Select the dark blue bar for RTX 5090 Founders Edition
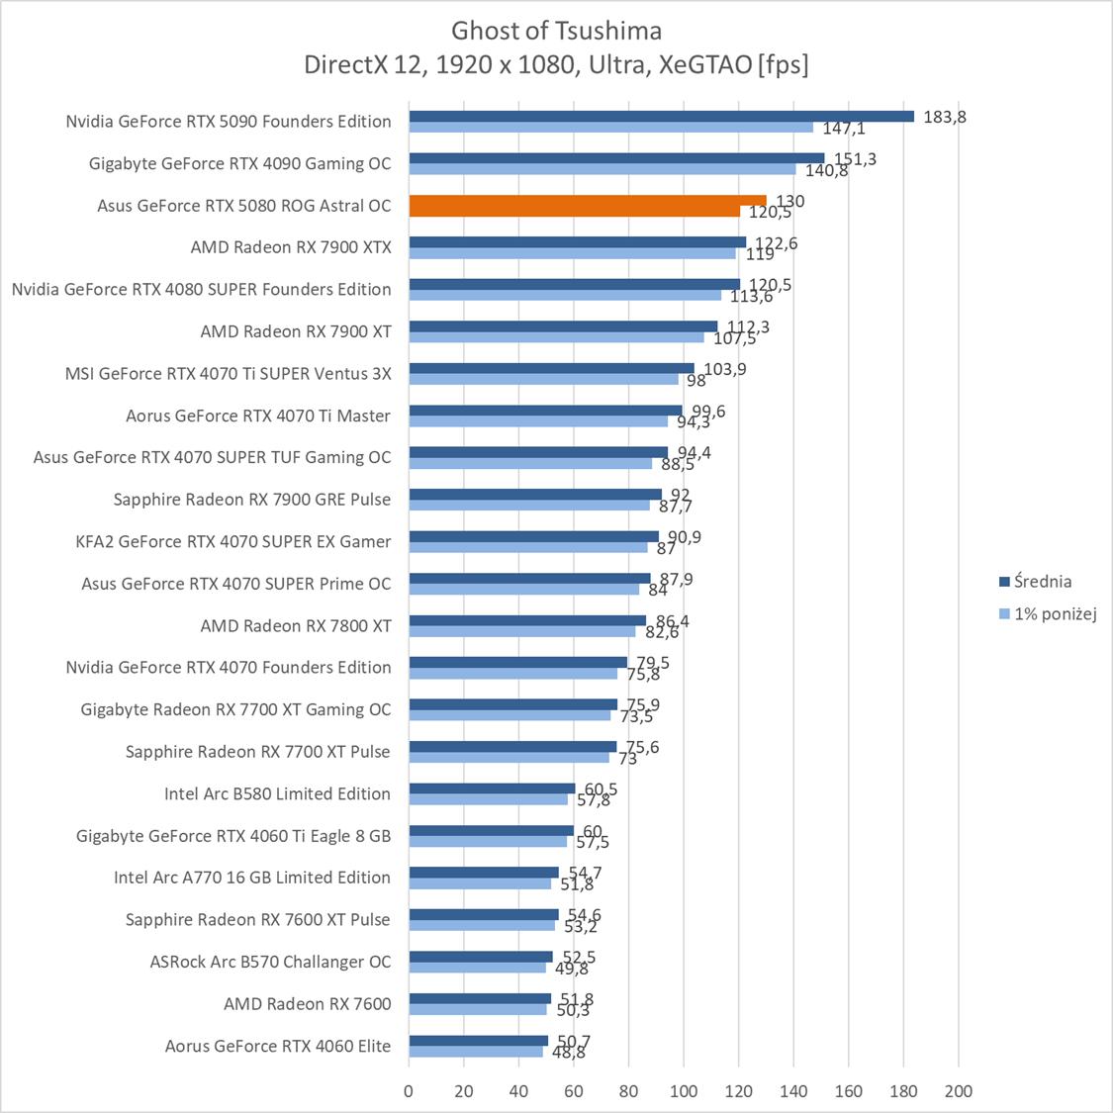661,116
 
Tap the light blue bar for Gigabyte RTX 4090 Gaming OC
602,169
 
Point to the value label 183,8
944,116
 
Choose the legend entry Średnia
1042,582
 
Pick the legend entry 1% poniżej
1055,613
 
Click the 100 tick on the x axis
683,1091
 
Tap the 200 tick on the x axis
958,1091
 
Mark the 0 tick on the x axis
409,1091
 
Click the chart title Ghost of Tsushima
556,30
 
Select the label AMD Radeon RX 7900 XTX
291,247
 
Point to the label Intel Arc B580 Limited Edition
277,793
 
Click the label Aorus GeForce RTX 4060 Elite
278,1046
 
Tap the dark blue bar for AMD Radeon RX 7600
480,998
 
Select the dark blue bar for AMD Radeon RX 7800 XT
527,620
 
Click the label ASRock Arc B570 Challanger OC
270,962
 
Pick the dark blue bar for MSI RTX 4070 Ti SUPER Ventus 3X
551,368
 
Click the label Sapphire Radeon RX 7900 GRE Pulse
252,500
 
